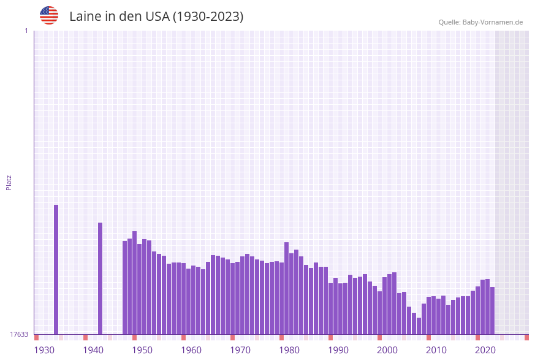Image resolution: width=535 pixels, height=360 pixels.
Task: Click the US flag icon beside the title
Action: click(x=49, y=15)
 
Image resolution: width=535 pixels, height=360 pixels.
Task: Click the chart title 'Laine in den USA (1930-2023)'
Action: click(x=156, y=17)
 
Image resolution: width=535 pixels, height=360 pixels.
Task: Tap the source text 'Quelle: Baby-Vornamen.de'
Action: click(x=480, y=22)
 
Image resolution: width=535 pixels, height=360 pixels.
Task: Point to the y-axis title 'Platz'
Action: click(x=9, y=182)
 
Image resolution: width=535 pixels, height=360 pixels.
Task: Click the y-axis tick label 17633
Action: click(x=19, y=334)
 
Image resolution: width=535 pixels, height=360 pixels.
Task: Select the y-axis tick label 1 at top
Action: click(x=26, y=31)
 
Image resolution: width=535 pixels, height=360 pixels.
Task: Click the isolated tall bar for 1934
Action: click(x=56, y=269)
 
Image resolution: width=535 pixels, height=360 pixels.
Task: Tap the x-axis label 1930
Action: click(x=44, y=350)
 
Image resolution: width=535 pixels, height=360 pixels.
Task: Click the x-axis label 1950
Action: click(x=142, y=350)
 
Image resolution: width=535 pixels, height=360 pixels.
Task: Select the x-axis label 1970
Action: click(x=240, y=350)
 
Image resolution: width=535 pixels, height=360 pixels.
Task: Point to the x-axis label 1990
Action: click(x=338, y=350)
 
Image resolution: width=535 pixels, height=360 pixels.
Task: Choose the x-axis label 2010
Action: click(x=436, y=350)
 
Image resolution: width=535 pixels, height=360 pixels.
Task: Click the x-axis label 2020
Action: click(x=485, y=350)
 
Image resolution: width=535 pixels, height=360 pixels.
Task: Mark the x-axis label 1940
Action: click(x=93, y=350)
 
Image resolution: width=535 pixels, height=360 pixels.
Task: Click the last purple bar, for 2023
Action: click(x=492, y=310)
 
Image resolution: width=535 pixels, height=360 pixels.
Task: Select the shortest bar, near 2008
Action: click(x=419, y=326)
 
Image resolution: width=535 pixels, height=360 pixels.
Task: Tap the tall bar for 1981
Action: click(x=286, y=288)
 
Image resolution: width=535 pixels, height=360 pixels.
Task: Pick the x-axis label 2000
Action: click(x=387, y=350)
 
